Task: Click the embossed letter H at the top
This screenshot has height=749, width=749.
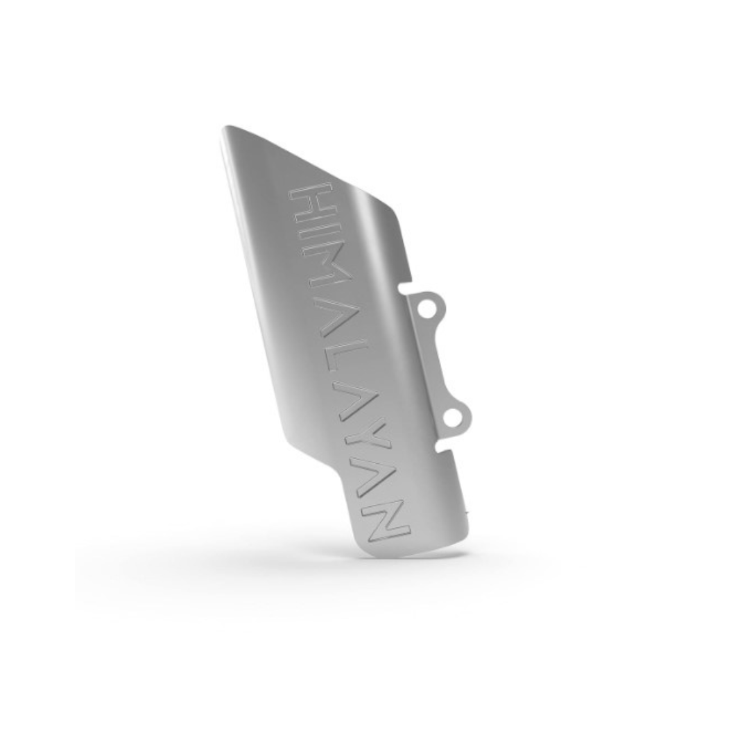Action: [311, 203]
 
